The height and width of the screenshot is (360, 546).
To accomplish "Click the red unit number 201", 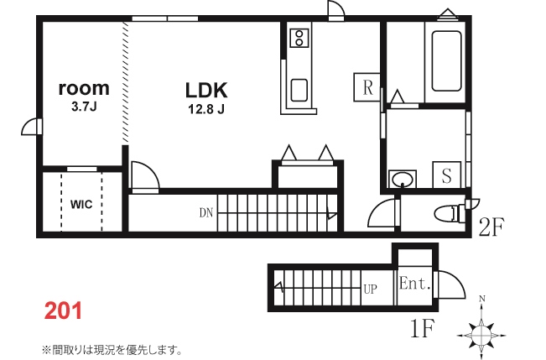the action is [x=63, y=310].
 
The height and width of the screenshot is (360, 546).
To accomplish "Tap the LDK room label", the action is [x=206, y=91].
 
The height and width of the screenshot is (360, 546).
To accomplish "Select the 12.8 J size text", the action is [x=206, y=109].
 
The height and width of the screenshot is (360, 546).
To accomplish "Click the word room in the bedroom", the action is [x=84, y=88].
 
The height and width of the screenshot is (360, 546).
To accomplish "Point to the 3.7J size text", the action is [x=84, y=107].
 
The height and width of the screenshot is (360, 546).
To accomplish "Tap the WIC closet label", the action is [x=81, y=204].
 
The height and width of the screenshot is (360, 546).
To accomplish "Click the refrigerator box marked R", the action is [x=367, y=87].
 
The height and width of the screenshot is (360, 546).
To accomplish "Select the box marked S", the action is [x=447, y=175].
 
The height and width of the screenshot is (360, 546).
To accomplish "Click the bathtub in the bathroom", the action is [x=446, y=61].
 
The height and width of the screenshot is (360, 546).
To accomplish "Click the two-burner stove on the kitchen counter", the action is [x=299, y=38].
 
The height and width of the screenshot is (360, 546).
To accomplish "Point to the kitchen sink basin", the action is [x=299, y=91].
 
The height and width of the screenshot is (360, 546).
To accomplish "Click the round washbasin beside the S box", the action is [x=403, y=180].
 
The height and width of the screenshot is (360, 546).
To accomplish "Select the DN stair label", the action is [x=206, y=212].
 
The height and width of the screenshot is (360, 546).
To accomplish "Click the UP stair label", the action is [x=370, y=289].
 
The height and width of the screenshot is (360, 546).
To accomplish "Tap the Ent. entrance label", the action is [x=414, y=283].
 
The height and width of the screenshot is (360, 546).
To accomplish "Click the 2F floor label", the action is [x=491, y=227].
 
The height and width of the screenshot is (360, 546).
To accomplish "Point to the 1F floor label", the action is [x=423, y=328].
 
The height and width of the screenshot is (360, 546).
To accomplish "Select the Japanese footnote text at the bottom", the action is [x=112, y=350].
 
